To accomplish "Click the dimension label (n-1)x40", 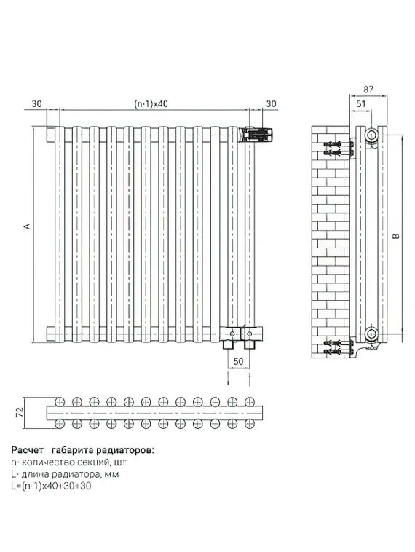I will (x=151, y=104).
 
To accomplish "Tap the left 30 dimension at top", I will (x=36, y=104).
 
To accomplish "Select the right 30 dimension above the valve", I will (x=272, y=104).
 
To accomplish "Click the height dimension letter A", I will (x=27, y=226).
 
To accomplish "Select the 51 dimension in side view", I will (x=360, y=103).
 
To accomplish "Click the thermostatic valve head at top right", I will (x=260, y=134).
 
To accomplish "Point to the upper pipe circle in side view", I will (x=373, y=135).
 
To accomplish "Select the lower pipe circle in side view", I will (x=373, y=334).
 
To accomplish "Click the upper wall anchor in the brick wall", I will (x=336, y=148).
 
